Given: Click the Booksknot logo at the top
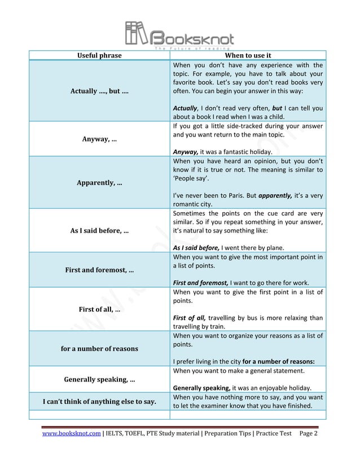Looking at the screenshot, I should [179, 35].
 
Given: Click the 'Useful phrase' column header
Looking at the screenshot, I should [99, 55].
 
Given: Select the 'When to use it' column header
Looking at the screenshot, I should [248, 55].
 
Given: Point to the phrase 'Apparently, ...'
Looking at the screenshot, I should [99, 183].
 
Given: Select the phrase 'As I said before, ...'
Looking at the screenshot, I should [99, 230].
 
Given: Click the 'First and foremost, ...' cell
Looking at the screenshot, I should [99, 270].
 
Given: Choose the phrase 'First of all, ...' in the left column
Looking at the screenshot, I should [99, 309].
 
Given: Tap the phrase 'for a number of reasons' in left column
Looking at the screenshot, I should [99, 349].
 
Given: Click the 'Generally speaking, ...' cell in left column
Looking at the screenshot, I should [99, 379].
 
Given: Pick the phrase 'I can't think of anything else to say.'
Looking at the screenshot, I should [99, 401].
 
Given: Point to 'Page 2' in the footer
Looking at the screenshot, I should [309, 433].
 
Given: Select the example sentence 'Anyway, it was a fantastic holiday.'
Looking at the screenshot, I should [222, 152].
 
